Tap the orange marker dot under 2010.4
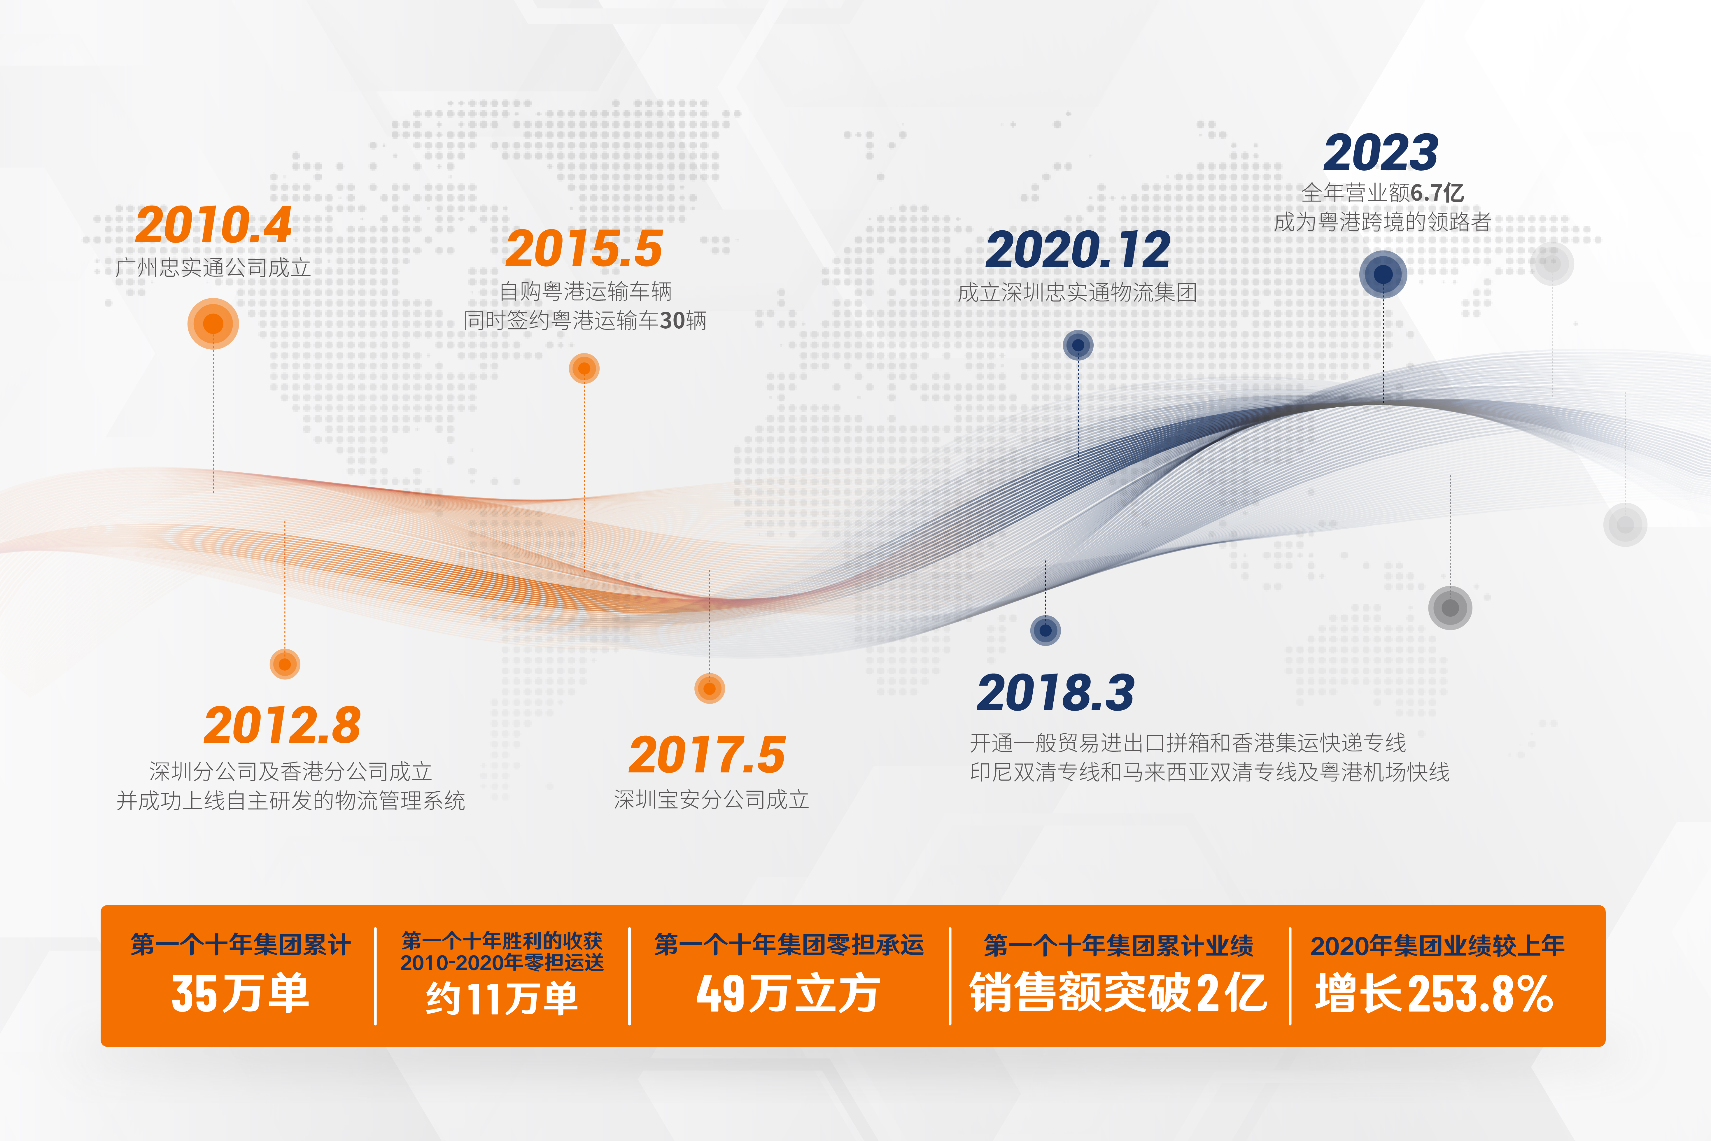[213, 324]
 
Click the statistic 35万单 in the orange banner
[240, 993]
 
